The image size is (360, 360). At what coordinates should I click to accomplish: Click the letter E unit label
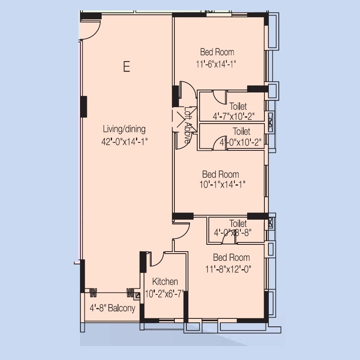click(126, 66)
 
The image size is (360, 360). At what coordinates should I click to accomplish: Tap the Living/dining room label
click(124, 129)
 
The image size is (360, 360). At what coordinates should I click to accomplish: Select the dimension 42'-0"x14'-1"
click(125, 141)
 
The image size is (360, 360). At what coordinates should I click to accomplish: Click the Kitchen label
click(165, 282)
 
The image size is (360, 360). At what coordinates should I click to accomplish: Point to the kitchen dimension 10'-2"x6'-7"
click(165, 294)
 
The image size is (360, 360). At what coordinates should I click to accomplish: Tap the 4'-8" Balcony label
click(112, 308)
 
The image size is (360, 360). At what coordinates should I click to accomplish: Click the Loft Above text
click(188, 125)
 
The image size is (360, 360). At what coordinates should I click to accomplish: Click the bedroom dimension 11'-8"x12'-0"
click(229, 269)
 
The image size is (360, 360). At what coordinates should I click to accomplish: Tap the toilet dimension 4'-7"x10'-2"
click(234, 116)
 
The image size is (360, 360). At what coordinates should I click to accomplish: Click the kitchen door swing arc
click(157, 260)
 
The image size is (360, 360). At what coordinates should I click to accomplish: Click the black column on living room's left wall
click(84, 106)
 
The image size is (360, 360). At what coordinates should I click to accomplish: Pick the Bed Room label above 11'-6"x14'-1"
click(217, 52)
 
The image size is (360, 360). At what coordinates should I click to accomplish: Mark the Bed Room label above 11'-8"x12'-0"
click(231, 258)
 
